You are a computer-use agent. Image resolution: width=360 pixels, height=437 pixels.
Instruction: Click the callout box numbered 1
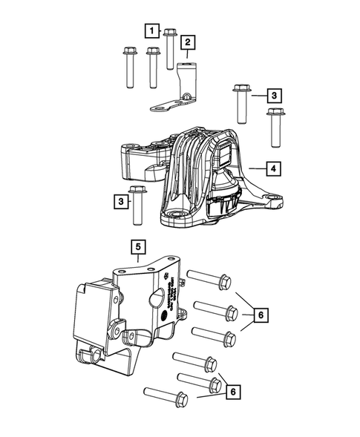point(152,30)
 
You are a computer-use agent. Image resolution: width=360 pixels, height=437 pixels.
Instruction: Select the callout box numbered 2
point(187,42)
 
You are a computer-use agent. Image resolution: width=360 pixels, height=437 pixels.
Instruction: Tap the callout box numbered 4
point(274,169)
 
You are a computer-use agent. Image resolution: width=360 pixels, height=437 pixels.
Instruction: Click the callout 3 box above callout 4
point(274,96)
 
